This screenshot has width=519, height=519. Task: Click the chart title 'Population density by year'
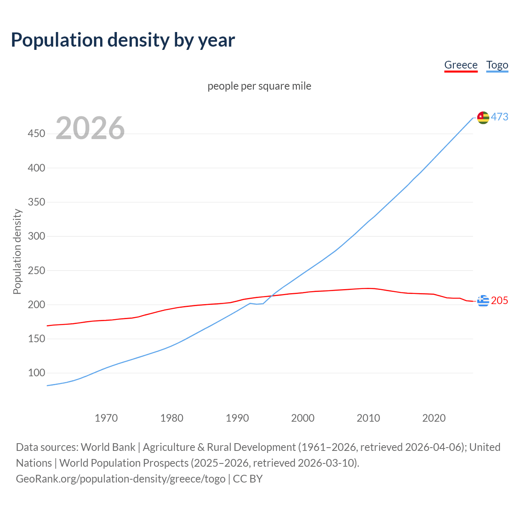pyautogui.click(x=123, y=40)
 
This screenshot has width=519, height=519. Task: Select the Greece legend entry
pyautogui.click(x=461, y=65)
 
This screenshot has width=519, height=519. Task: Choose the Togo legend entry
pyautogui.click(x=497, y=65)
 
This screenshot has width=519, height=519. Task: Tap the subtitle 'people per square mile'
pyautogui.click(x=259, y=86)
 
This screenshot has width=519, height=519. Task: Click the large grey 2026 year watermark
pyautogui.click(x=90, y=128)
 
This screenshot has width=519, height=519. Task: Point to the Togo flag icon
pyautogui.click(x=483, y=118)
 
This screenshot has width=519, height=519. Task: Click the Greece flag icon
pyautogui.click(x=483, y=301)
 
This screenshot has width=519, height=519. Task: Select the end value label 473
pyautogui.click(x=500, y=117)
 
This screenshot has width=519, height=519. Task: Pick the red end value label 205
pyautogui.click(x=500, y=300)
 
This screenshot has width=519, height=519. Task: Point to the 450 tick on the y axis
pyautogui.click(x=36, y=133)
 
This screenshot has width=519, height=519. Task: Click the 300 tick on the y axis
pyautogui.click(x=36, y=236)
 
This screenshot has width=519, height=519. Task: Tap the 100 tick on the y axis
pyautogui.click(x=36, y=373)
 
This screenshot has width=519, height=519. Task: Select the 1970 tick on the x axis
pyautogui.click(x=106, y=418)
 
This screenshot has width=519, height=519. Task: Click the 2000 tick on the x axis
pyautogui.click(x=303, y=418)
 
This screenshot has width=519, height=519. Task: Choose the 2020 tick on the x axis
pyautogui.click(x=434, y=418)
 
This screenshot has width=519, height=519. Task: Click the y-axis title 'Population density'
pyautogui.click(x=17, y=251)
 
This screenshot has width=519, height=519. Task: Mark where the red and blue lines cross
pyautogui.click(x=270, y=296)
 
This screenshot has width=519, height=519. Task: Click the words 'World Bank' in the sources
pyautogui.click(x=108, y=447)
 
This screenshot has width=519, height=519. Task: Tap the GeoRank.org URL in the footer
pyautogui.click(x=120, y=479)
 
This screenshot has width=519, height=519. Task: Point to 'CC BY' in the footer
pyautogui.click(x=248, y=479)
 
